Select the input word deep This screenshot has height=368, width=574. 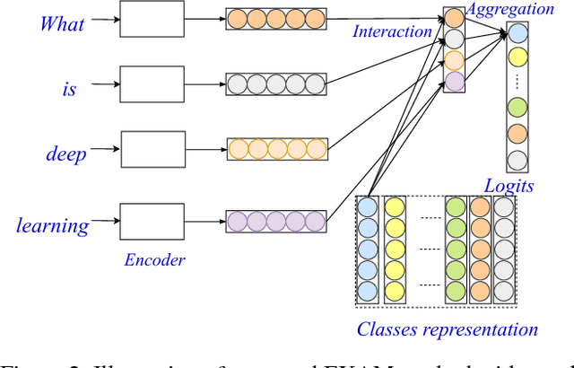click(x=66, y=153)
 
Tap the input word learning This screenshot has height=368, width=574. click(x=53, y=224)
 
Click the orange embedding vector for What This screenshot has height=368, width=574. click(x=274, y=17)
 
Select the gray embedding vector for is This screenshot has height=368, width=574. click(x=274, y=83)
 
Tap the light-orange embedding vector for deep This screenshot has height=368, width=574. click(x=274, y=148)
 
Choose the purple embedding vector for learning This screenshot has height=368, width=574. click(x=274, y=220)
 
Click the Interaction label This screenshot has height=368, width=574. click(x=392, y=31)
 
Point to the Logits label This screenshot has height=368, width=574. click(x=509, y=186)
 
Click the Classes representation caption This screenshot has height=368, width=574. click(x=447, y=329)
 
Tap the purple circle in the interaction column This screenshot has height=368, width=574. click(x=455, y=81)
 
